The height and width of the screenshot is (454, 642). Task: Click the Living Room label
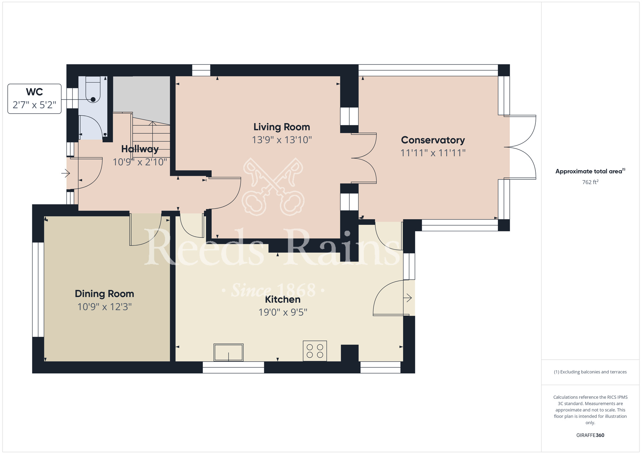tap(282, 127)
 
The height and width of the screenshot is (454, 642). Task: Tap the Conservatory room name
tap(433, 140)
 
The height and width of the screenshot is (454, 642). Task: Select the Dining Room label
tap(104, 294)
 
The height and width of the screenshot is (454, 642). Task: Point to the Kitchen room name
tap(282, 299)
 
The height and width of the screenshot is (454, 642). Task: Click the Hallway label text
tap(140, 149)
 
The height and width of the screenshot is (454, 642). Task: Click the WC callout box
tap(34, 99)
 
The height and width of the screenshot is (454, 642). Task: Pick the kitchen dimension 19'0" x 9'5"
tap(283, 312)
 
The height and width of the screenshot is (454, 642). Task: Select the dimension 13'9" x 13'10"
tap(282, 140)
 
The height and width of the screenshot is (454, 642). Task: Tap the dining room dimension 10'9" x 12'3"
tap(104, 307)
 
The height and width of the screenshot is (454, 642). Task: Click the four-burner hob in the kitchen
tap(315, 351)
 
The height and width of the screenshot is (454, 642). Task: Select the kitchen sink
tap(229, 353)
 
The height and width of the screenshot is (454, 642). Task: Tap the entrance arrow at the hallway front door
tap(66, 174)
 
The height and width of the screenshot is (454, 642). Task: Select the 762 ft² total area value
tap(590, 182)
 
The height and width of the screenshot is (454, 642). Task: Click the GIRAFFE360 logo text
tap(590, 435)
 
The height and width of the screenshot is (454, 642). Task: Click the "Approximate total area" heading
tap(590, 171)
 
